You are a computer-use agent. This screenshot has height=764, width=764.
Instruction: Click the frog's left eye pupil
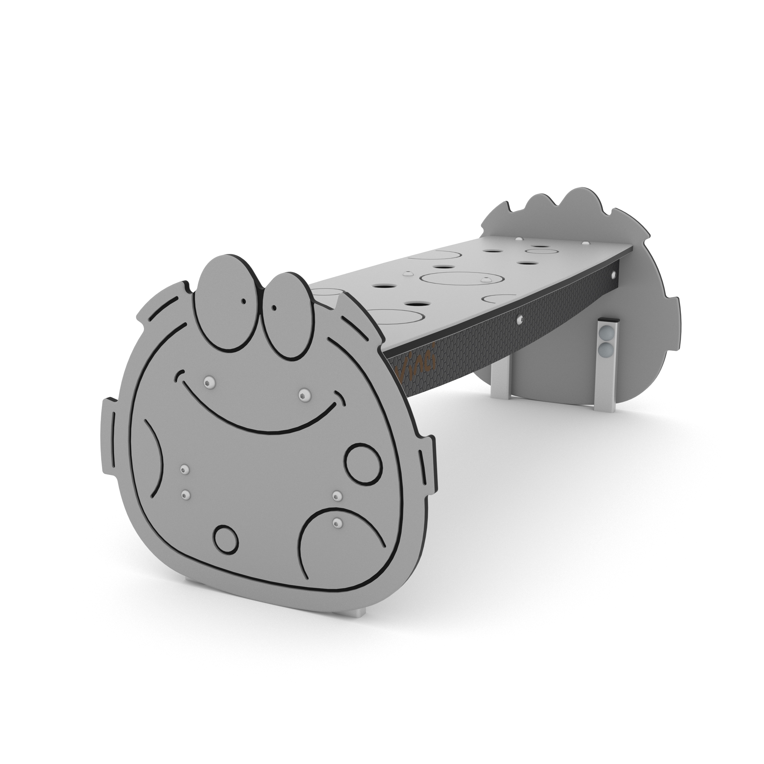point(244,301)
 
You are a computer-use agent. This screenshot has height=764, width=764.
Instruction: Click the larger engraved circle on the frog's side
point(363,464)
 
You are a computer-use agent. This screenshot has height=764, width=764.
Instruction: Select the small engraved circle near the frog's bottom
point(226,539)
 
